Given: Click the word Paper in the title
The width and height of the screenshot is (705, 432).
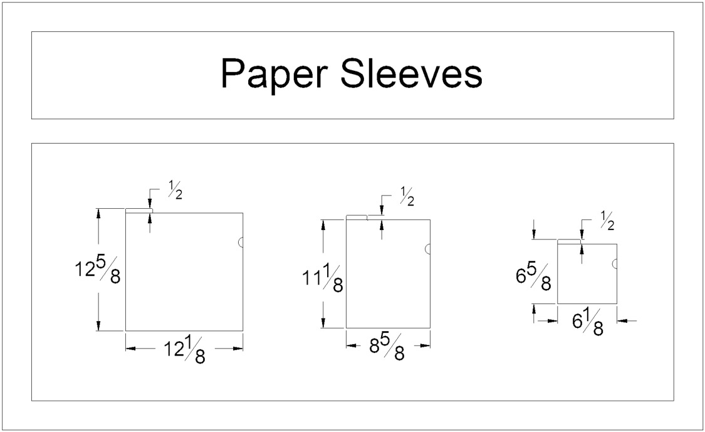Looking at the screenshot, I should (x=274, y=74).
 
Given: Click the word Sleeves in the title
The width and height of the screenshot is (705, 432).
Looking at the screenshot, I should (x=411, y=74).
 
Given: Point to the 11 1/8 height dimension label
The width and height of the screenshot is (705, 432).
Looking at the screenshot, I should (x=323, y=279).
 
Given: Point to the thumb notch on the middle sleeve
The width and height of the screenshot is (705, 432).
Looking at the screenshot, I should (x=428, y=249).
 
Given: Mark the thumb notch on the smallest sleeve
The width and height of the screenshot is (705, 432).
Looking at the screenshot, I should (x=615, y=264).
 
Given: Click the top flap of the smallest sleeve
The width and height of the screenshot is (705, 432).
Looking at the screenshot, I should (x=569, y=241).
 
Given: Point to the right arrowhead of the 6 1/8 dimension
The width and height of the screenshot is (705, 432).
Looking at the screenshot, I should (x=622, y=320).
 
